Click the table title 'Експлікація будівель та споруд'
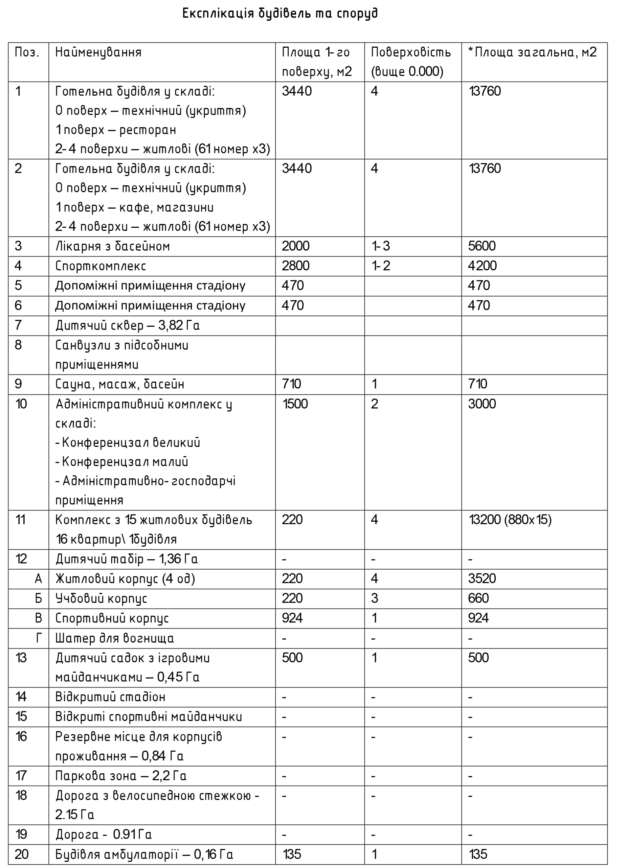pos(280,14)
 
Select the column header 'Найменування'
pos(98,52)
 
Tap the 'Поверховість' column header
pos(410,52)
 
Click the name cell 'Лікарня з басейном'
pos(112,246)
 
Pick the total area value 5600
pos(482,246)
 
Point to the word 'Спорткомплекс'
pos(100,266)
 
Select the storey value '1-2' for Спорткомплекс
pos(381,266)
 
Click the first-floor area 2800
pos(295,266)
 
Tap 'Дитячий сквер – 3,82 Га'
pos(127,326)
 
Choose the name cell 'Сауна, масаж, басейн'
pos(119,384)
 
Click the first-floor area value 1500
pos(295,404)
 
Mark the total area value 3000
pos(482,404)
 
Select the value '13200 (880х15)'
pos(510,520)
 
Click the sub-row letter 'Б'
pos(39,598)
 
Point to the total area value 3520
pos(482,579)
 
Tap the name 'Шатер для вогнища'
pos(115,638)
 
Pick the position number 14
pos(21,697)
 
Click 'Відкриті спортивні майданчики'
pos(149,717)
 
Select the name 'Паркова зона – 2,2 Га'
pos(121,776)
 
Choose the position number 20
pos(21,854)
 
